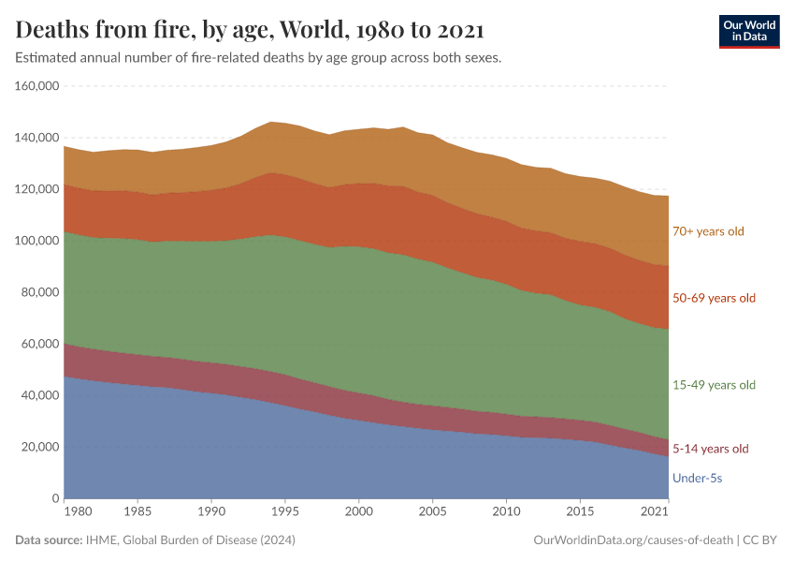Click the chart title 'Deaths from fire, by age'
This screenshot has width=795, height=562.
pos(250,30)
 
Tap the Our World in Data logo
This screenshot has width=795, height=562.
pos(748,31)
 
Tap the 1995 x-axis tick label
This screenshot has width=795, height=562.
pos(284,512)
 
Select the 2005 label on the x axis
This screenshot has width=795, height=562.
pos(432,512)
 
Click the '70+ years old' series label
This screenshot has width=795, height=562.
pos(708,230)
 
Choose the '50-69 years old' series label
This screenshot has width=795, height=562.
pos(714,298)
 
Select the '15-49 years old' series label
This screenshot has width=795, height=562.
pos(714,385)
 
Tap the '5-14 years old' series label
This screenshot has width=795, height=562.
pos(711,449)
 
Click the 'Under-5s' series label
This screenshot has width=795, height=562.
pos(697,479)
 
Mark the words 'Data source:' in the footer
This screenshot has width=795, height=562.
pos(48,540)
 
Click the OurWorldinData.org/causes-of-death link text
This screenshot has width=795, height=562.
pos(632,540)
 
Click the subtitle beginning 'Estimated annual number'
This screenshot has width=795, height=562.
pos(259,58)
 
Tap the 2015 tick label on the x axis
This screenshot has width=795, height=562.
pos(580,512)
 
